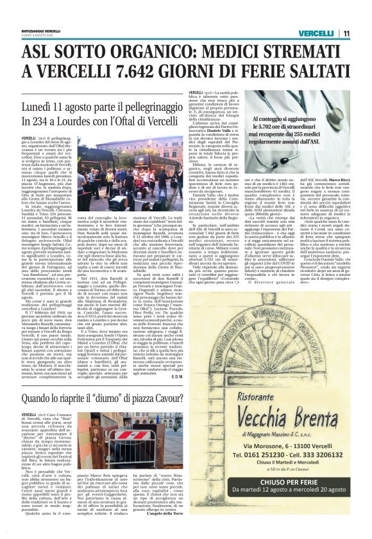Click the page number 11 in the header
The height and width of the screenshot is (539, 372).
pyautogui.click(x=346, y=33)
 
